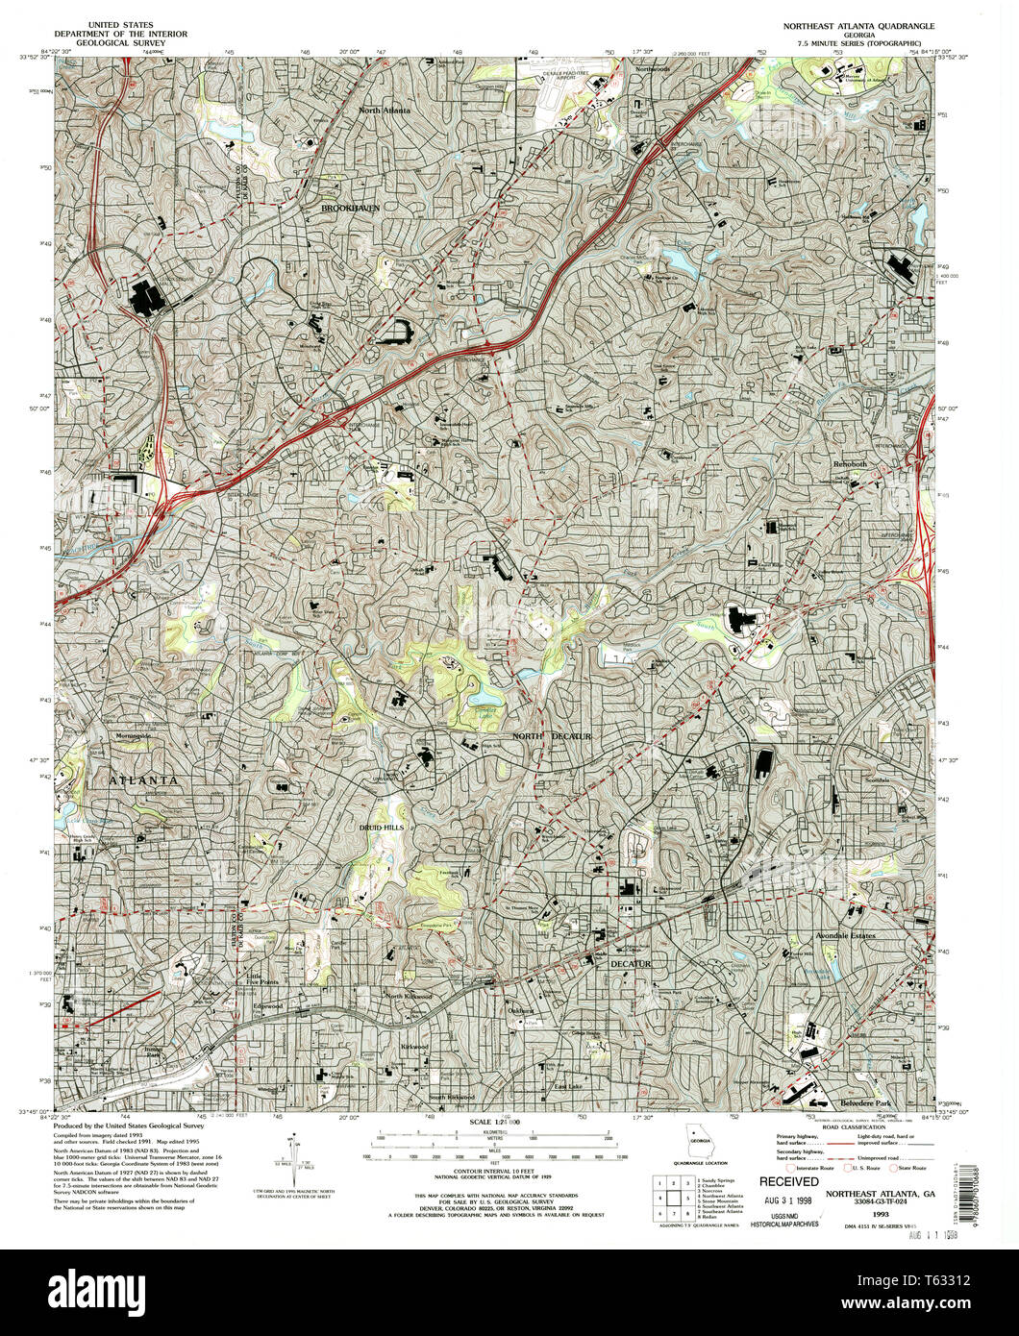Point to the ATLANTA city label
[142, 779]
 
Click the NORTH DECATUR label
[551, 735]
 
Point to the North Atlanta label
[385, 111]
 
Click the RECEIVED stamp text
[790, 1181]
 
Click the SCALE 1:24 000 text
[494, 1123]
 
